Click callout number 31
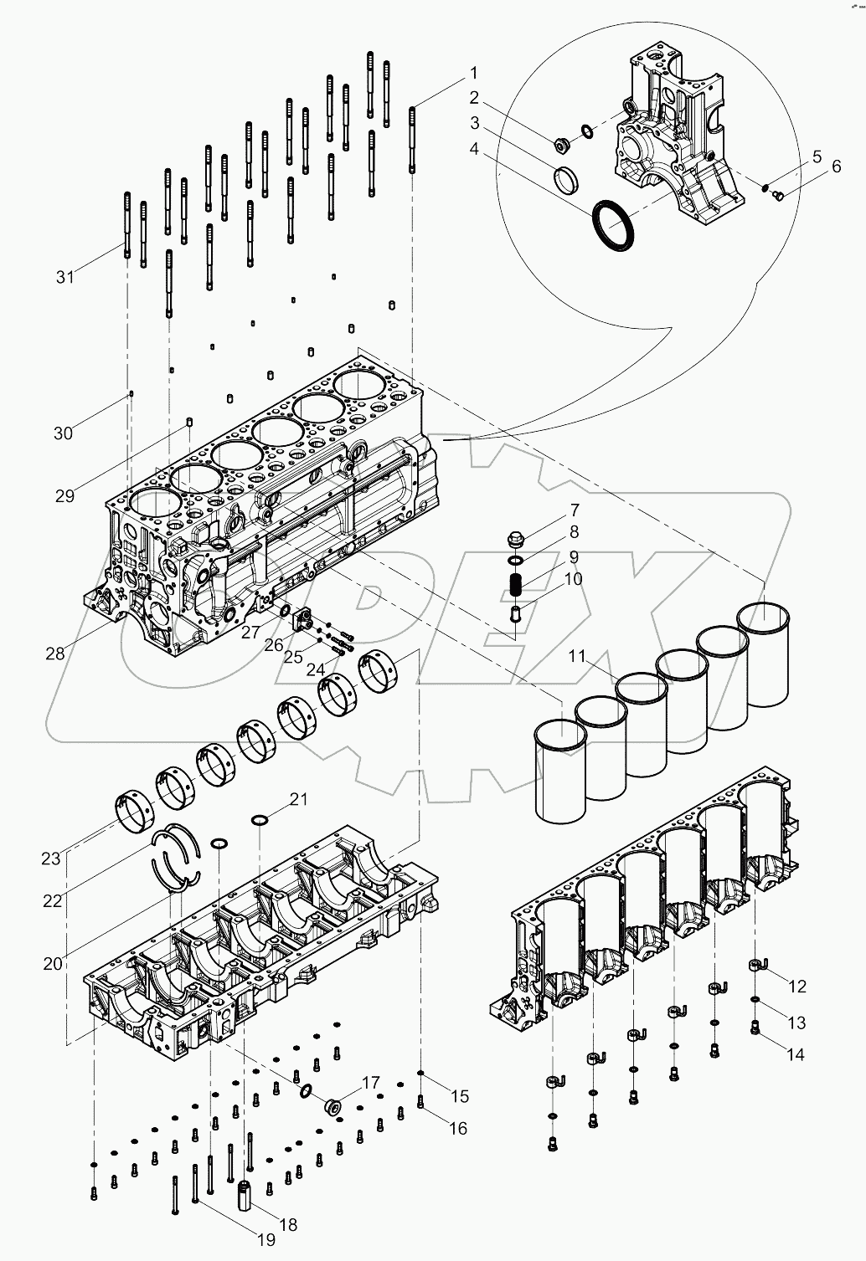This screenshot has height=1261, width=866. pos(64,276)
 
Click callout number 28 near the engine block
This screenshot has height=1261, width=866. pos(55,654)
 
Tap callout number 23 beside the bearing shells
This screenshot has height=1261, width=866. pos(51,858)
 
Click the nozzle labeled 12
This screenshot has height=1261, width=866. pos(756,968)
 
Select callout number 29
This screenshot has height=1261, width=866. pos(64,495)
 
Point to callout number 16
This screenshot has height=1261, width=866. pos(457,1129)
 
